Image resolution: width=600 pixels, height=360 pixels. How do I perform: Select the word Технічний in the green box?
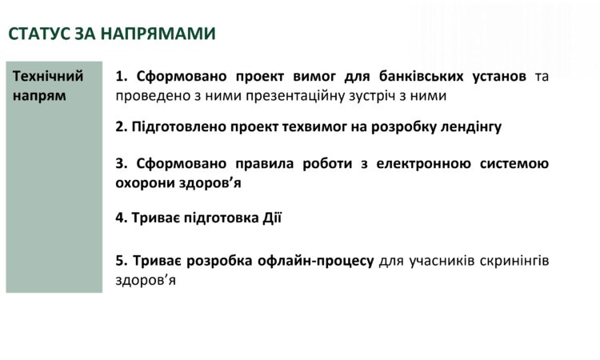click(49, 77)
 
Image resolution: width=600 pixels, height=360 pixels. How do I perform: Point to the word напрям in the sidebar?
click(40, 95)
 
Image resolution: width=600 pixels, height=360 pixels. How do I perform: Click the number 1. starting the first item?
click(122, 77)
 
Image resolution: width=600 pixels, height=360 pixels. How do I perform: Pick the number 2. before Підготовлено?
click(122, 126)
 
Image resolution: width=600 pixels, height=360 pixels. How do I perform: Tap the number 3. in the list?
click(122, 164)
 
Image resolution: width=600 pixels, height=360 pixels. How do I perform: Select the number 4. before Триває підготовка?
click(122, 218)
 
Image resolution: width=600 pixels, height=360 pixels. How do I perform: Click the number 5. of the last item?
click(122, 261)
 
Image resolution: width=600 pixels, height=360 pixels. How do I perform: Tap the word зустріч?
click(365, 95)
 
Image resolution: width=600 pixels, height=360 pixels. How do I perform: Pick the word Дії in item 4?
click(272, 218)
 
